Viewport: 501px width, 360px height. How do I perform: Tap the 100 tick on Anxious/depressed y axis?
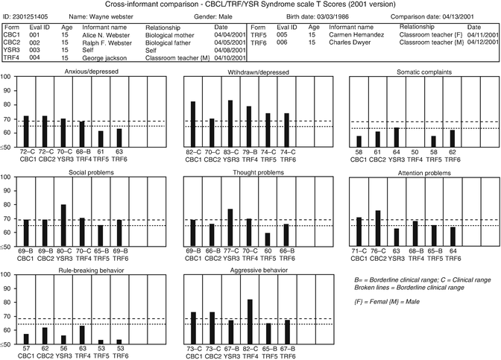6,78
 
